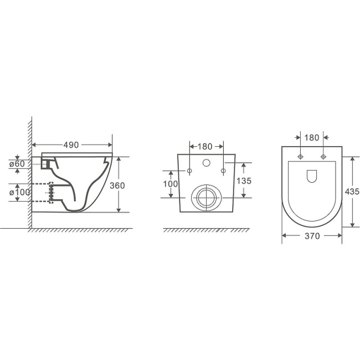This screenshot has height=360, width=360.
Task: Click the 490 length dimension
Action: pos(71,145)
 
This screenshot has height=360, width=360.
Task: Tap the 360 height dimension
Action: pos(117,186)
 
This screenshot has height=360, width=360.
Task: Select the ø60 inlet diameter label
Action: pos(17,164)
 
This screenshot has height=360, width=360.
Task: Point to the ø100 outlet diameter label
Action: pos(19,192)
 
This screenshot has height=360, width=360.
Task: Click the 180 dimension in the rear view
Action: pos(205,146)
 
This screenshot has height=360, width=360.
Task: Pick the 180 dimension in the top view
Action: pos(312,138)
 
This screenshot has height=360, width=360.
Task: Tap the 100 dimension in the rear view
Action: pos(171,184)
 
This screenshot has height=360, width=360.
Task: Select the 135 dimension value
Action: pos(244,181)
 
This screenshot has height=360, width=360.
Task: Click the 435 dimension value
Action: pos(352,192)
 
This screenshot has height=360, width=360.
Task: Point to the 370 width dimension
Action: pos(312,236)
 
